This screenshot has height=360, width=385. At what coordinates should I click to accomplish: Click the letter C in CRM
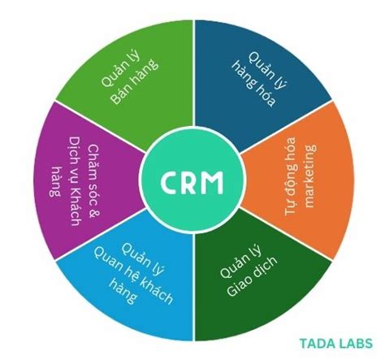pos(168,179)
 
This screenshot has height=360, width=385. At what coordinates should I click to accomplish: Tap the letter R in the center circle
pos(192,179)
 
